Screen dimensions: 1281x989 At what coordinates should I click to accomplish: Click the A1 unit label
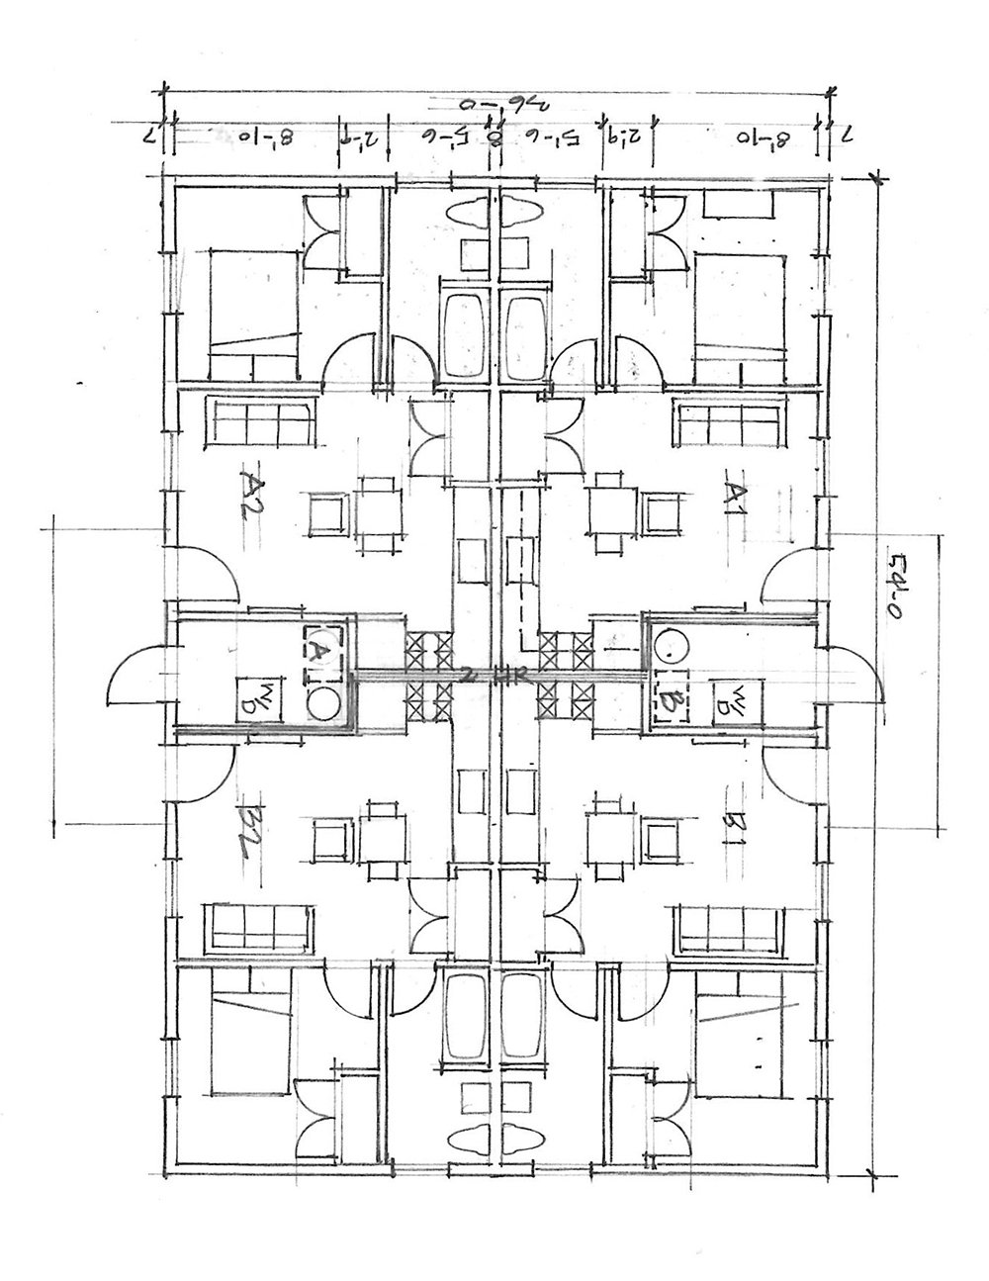tap(734, 493)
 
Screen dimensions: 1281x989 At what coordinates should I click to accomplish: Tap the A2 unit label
tap(253, 489)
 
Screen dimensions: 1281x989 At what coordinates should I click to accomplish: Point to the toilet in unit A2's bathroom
tap(467, 211)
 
